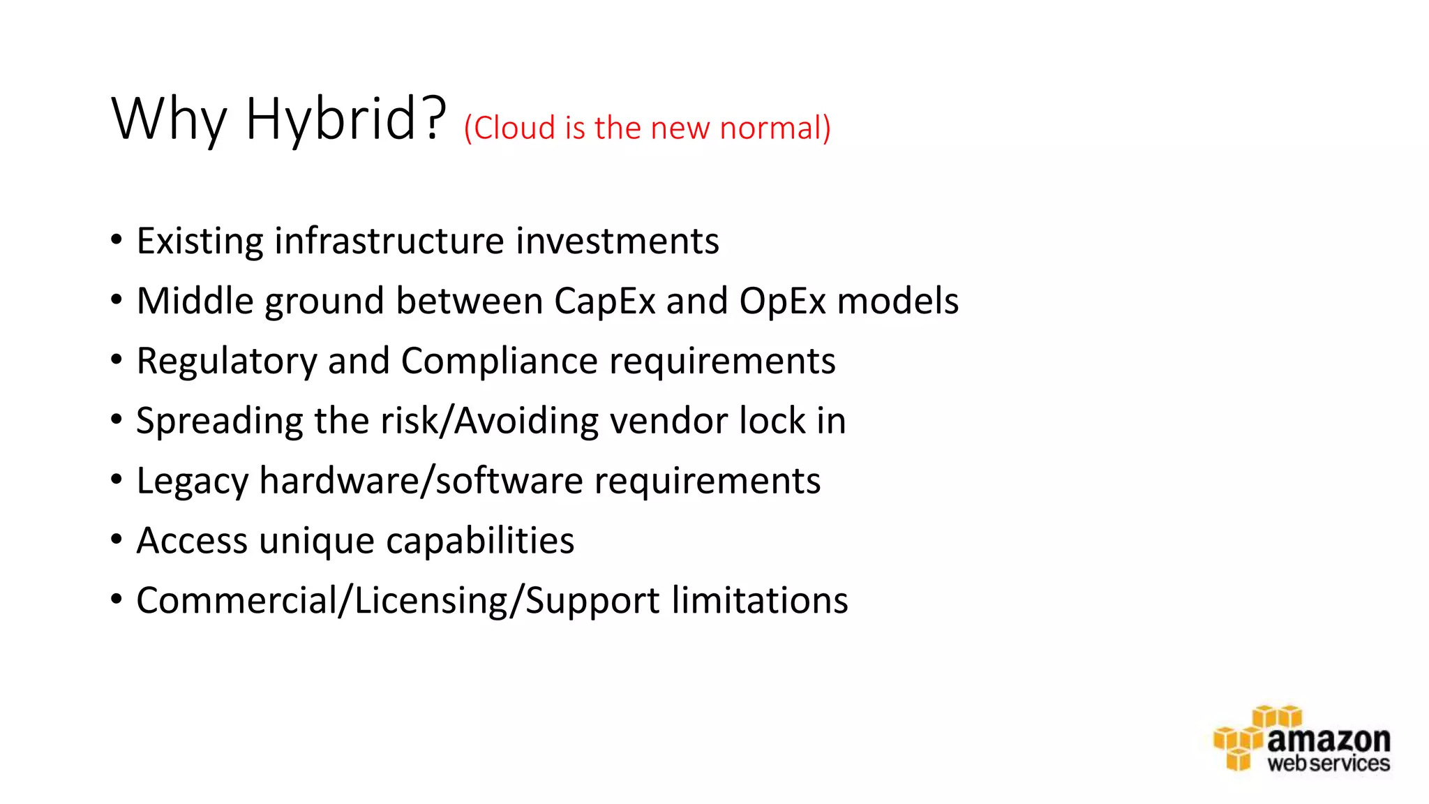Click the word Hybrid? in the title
pyautogui.click(x=345, y=119)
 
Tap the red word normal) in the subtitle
pyautogui.click(x=775, y=128)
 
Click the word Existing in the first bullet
pyautogui.click(x=200, y=241)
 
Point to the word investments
pyautogui.click(x=618, y=241)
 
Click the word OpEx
pyautogui.click(x=782, y=301)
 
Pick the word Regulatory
pyautogui.click(x=227, y=362)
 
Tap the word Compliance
pyautogui.click(x=500, y=362)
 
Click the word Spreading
pyautogui.click(x=220, y=422)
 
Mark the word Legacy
pyautogui.click(x=193, y=482)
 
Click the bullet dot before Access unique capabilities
pyautogui.click(x=117, y=539)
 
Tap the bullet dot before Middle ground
pyautogui.click(x=117, y=299)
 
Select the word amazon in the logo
pyautogui.click(x=1329, y=739)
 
